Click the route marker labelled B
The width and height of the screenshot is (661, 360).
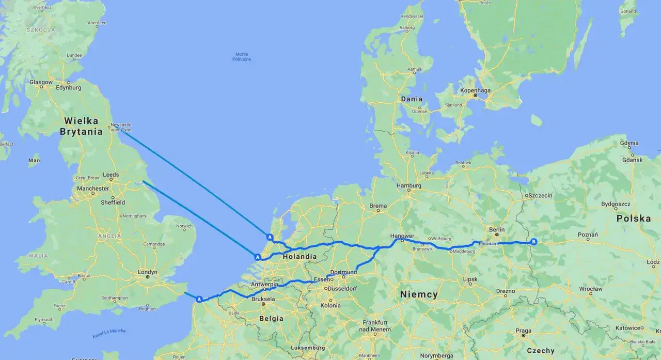pos(534,242)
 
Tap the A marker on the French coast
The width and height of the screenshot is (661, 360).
pos(199,299)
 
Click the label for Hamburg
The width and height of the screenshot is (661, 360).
pos(409,185)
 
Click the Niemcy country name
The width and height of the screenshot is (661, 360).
pos(419,294)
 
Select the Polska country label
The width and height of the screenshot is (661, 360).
pos(633,218)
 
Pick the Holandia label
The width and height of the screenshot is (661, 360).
pos(299,256)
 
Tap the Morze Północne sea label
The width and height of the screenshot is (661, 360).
pos(242,56)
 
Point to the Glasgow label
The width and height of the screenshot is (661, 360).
pos(41,82)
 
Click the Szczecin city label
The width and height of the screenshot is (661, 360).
pos(540,195)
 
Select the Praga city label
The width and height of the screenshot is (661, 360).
pos(523,331)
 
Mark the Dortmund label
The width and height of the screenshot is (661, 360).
pos(343,272)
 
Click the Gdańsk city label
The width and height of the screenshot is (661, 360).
pos(632,160)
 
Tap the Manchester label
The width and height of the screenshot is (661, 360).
pos(93,189)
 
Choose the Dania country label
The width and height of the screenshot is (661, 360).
pos(412,99)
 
